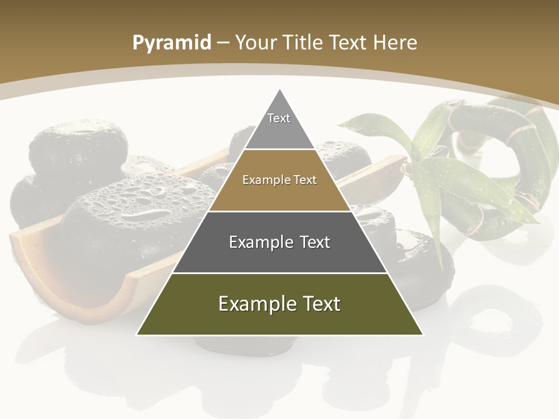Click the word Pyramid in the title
(172, 42)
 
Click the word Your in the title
(256, 42)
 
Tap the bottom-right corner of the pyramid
(422, 334)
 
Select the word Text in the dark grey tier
(316, 242)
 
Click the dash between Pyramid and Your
(222, 43)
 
